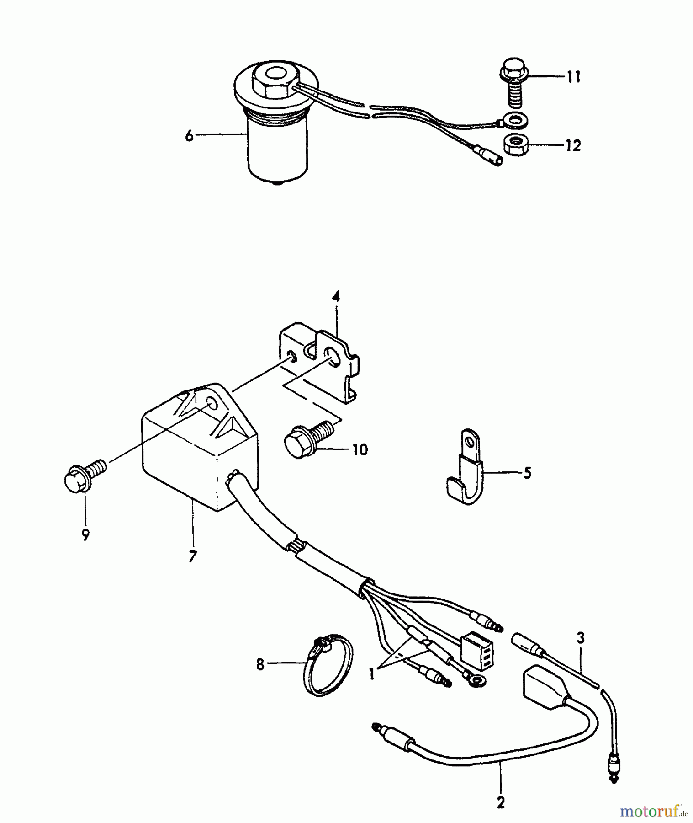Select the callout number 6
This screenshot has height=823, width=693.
pyautogui.click(x=189, y=136)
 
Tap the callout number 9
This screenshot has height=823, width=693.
pyautogui.click(x=86, y=535)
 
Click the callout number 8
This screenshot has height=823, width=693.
pyautogui.click(x=260, y=664)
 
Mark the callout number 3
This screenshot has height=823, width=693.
pyautogui.click(x=581, y=638)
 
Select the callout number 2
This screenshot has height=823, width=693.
pyautogui.click(x=501, y=803)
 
